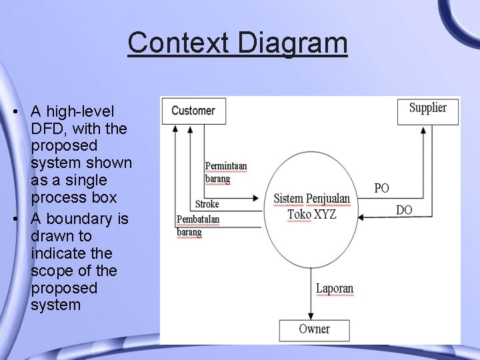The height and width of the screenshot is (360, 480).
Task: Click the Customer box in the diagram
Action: point(193,111)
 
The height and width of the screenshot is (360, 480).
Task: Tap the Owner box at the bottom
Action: point(314,329)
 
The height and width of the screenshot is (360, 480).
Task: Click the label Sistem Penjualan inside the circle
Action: point(311,199)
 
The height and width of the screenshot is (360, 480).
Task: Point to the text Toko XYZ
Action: point(312,214)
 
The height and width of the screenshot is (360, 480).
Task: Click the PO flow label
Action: point(381,189)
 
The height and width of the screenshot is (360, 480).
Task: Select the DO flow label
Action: point(404,210)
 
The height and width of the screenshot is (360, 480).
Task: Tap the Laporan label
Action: point(334,289)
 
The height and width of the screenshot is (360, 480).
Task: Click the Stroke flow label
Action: point(207,204)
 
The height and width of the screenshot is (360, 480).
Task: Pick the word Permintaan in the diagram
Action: point(225,166)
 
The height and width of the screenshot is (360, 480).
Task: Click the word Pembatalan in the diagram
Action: point(197,219)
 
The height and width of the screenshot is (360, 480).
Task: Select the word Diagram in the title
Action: point(292,43)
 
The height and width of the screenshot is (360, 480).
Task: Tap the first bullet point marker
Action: point(14,111)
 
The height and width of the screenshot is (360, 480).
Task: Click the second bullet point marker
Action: point(14,219)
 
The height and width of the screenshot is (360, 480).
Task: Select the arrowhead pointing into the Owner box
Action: point(311,317)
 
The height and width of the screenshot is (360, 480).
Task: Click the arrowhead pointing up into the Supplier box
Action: point(424,130)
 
